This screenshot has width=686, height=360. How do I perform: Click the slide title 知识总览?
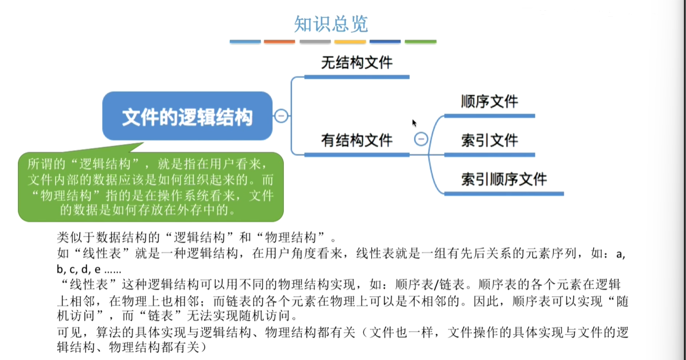point(331,23)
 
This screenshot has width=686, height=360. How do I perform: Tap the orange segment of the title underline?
point(279,41)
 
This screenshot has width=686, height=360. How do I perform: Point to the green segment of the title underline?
point(420,41)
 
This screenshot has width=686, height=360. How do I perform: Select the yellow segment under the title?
point(350,41)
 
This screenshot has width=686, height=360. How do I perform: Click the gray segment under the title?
point(315,41)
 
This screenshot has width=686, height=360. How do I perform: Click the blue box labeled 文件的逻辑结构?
point(187,116)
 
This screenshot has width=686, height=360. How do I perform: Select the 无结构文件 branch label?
point(357,63)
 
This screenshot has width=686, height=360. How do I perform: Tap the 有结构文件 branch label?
point(357,141)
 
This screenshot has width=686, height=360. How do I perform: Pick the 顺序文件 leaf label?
point(490,101)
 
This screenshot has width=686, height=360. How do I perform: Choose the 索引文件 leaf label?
point(490,141)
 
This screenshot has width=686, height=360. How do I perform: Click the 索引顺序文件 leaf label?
point(504,179)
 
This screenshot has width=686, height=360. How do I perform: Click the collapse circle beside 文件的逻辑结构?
point(281,116)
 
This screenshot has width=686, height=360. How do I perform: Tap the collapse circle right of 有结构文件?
point(421,139)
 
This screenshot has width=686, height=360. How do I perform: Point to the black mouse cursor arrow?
point(414,123)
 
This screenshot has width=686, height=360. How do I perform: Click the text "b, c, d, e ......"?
point(89,269)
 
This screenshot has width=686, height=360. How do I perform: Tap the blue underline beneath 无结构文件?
point(357,77)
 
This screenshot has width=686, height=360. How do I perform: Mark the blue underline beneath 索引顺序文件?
point(504,194)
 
